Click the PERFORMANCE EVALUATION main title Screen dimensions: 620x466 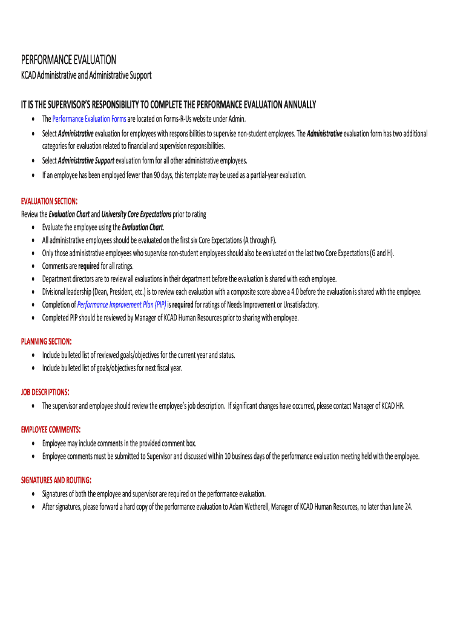(68, 59)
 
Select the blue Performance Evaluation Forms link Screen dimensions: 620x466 (89, 119)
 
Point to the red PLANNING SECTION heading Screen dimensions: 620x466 (47, 341)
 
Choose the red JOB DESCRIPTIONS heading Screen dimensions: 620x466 (45, 392)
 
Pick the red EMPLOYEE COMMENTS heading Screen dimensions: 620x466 (51, 429)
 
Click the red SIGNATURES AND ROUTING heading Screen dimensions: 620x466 (56, 480)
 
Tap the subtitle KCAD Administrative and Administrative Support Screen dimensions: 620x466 (86, 75)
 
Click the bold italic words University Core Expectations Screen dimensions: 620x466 (136, 214)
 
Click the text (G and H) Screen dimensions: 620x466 (381, 253)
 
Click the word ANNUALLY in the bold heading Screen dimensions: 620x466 (297, 105)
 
